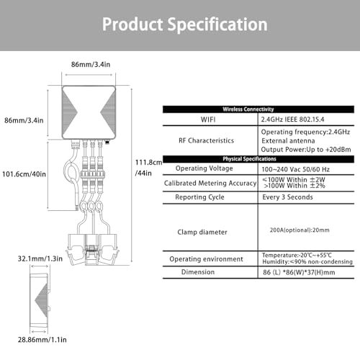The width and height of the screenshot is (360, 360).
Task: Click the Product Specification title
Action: [185, 24]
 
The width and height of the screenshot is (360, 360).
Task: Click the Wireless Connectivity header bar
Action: [258, 109]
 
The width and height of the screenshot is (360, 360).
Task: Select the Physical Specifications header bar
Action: [258, 159]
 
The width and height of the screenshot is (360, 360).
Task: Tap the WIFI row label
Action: [208, 120]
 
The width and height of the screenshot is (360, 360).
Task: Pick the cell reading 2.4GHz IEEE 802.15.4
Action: [292, 120]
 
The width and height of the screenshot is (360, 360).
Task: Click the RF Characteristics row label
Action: [206, 140]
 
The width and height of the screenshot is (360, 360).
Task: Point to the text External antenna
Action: [288, 140]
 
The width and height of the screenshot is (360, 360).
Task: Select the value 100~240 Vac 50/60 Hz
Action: [295, 169]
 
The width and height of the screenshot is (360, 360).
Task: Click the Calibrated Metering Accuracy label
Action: [210, 183]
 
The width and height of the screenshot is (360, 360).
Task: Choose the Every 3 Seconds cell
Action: [287, 197]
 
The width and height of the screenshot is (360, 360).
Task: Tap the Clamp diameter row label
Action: [202, 232]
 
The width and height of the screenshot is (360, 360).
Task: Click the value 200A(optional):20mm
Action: [300, 230]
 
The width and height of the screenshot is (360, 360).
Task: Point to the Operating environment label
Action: [206, 259]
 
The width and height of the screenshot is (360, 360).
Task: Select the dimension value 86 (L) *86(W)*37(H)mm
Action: [299, 272]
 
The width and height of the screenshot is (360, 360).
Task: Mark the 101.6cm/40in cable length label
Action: [24, 174]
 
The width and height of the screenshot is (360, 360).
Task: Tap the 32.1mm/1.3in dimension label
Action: [40, 258]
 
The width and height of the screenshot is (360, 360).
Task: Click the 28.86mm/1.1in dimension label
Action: [42, 340]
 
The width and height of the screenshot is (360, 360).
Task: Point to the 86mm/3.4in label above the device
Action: [91, 64]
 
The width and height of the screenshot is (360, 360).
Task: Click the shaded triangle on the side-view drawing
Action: [42, 300]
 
